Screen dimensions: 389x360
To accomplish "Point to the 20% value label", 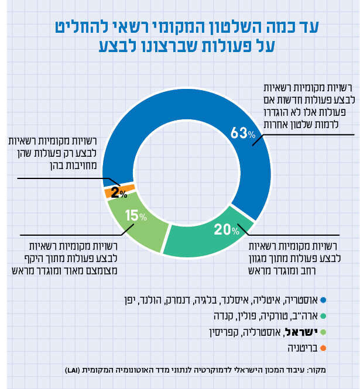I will [227, 230].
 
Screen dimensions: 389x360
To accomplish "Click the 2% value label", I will [119, 192].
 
